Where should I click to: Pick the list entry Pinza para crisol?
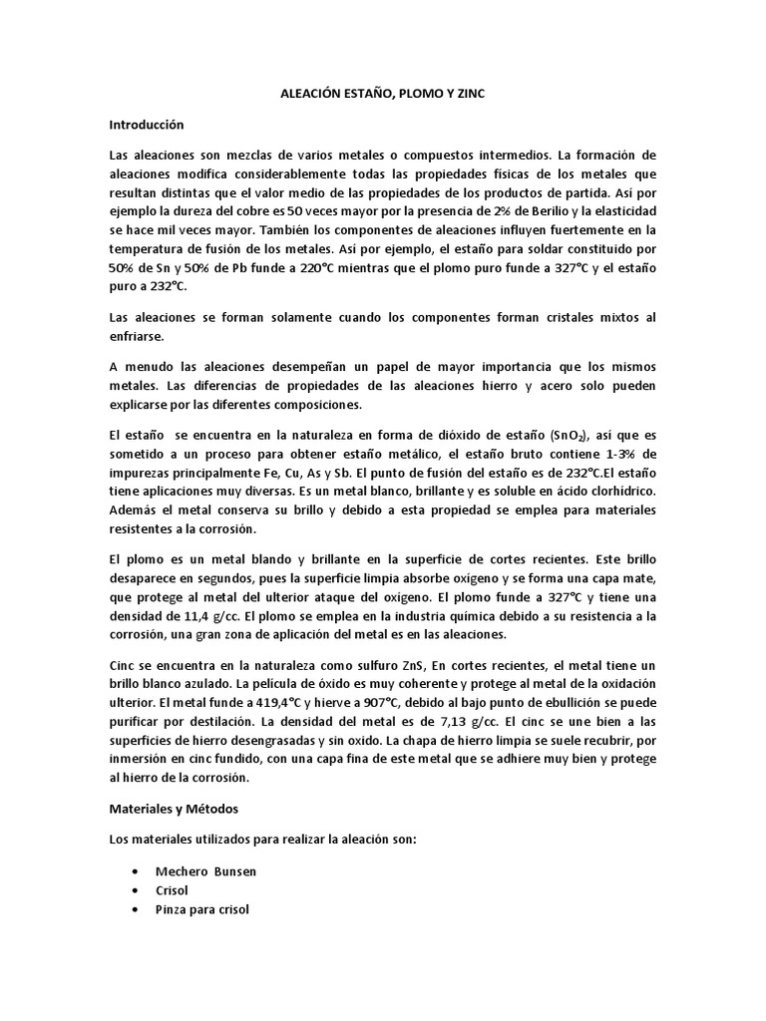click(x=203, y=909)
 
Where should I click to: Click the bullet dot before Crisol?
click(x=134, y=890)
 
